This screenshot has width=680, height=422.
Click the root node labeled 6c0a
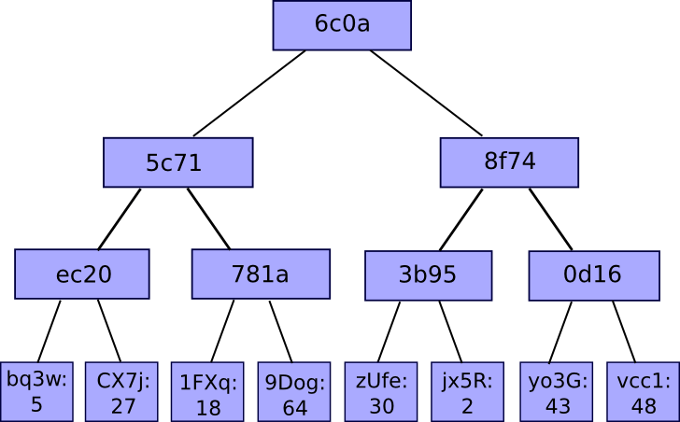[342, 25]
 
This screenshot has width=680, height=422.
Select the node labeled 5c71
[177, 162]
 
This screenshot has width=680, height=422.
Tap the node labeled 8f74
[509, 162]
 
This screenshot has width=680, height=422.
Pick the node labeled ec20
[82, 274]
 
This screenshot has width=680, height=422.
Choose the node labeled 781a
[261, 274]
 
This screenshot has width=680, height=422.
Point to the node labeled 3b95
[428, 274]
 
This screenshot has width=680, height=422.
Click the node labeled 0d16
[592, 274]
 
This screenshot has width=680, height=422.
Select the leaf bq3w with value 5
[36, 391]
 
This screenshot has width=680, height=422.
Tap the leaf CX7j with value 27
[122, 391]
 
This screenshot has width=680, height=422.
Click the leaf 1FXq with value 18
[207, 392]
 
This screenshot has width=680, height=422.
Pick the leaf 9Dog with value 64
[295, 392]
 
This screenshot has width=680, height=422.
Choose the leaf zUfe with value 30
[382, 392]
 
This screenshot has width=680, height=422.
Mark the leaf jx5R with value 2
[467, 392]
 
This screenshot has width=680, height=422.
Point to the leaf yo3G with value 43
[557, 392]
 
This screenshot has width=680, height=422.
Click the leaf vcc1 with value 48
[643, 392]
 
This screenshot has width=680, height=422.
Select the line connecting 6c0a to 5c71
[249, 93]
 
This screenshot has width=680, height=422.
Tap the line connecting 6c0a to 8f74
[426, 93]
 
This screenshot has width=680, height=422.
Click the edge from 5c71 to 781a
[208, 218]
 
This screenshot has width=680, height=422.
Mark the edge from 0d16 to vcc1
[624, 331]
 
